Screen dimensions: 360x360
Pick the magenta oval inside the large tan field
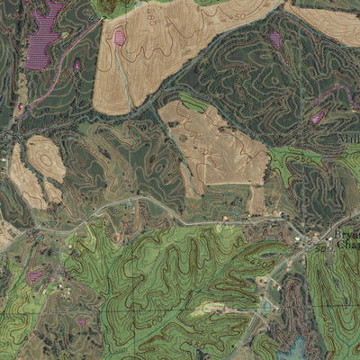tap(120, 38)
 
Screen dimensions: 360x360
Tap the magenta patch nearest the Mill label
tap(317, 117)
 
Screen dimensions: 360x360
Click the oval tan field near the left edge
tap(45, 158)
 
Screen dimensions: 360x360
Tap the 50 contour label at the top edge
tap(238, 15)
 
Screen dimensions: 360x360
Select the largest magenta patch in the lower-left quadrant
tap(36, 274)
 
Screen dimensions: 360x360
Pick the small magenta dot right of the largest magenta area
tap(77, 65)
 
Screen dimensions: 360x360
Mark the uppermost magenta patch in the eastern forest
tap(275, 38)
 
